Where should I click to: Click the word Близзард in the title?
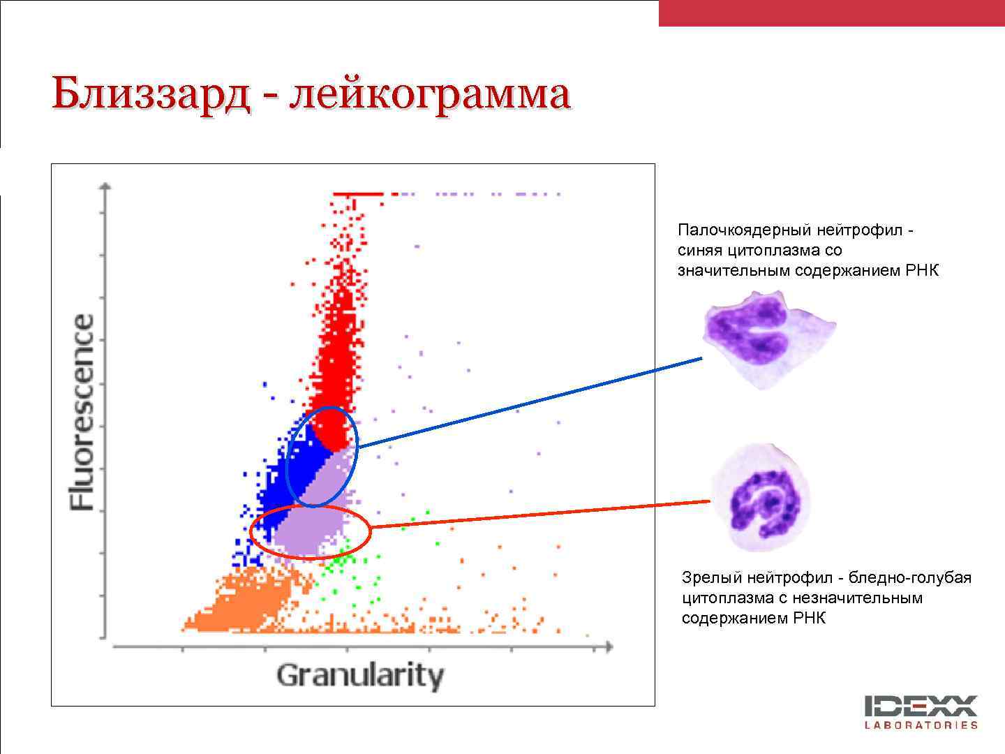coord(150,94)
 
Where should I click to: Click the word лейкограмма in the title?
coord(430,94)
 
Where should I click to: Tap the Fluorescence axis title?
coord(82,412)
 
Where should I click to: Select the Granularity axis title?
coord(359,676)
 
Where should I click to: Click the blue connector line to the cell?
coord(530,402)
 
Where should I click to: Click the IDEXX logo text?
coord(921,706)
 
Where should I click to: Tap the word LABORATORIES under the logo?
coord(921,725)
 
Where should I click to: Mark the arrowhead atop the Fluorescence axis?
coord(105,187)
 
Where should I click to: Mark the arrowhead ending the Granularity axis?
coord(609,647)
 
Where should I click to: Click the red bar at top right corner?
coord(831,13)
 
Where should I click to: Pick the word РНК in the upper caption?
coord(922,270)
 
